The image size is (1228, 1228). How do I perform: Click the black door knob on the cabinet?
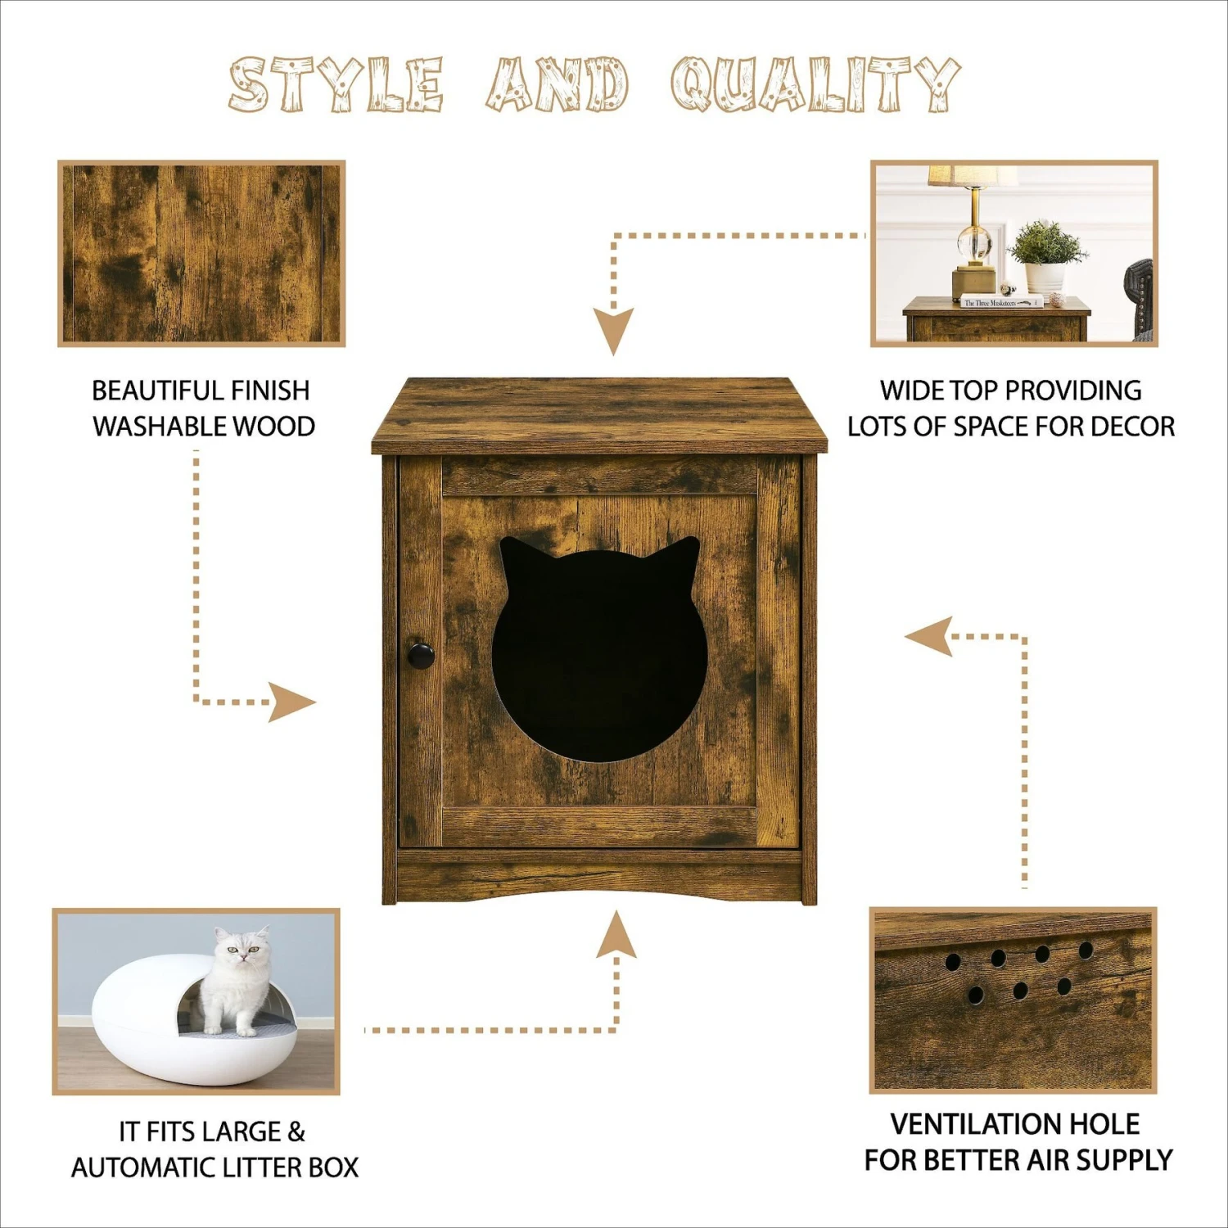point(421,656)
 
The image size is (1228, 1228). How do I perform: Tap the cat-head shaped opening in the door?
point(599,655)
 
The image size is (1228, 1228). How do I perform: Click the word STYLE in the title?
point(336,84)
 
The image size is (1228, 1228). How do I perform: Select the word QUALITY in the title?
point(815,84)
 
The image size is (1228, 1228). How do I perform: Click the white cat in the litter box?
point(237,978)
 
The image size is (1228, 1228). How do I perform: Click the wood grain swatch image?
point(201,253)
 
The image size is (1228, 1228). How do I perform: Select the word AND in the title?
point(558,84)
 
